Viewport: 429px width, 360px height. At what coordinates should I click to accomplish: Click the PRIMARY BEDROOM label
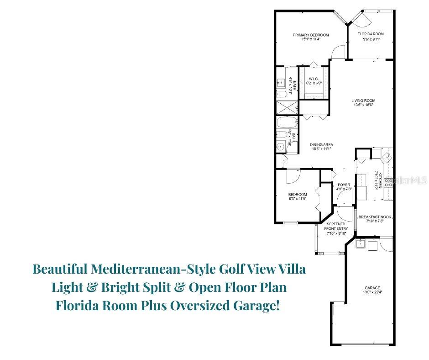click(x=310, y=35)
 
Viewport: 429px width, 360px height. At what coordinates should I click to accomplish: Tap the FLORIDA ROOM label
click(x=370, y=34)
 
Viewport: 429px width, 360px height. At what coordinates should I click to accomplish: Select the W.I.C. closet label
click(x=313, y=79)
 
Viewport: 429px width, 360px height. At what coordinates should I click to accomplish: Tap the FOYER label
click(x=344, y=185)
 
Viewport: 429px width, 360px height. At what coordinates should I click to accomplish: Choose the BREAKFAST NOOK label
click(x=375, y=217)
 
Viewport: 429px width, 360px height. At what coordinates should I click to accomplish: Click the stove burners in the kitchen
click(x=389, y=183)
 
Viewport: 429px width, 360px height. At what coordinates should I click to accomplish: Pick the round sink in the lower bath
click(x=281, y=146)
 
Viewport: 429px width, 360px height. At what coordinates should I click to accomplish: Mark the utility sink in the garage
click(x=360, y=244)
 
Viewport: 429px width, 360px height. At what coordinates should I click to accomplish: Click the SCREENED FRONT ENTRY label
click(x=336, y=228)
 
